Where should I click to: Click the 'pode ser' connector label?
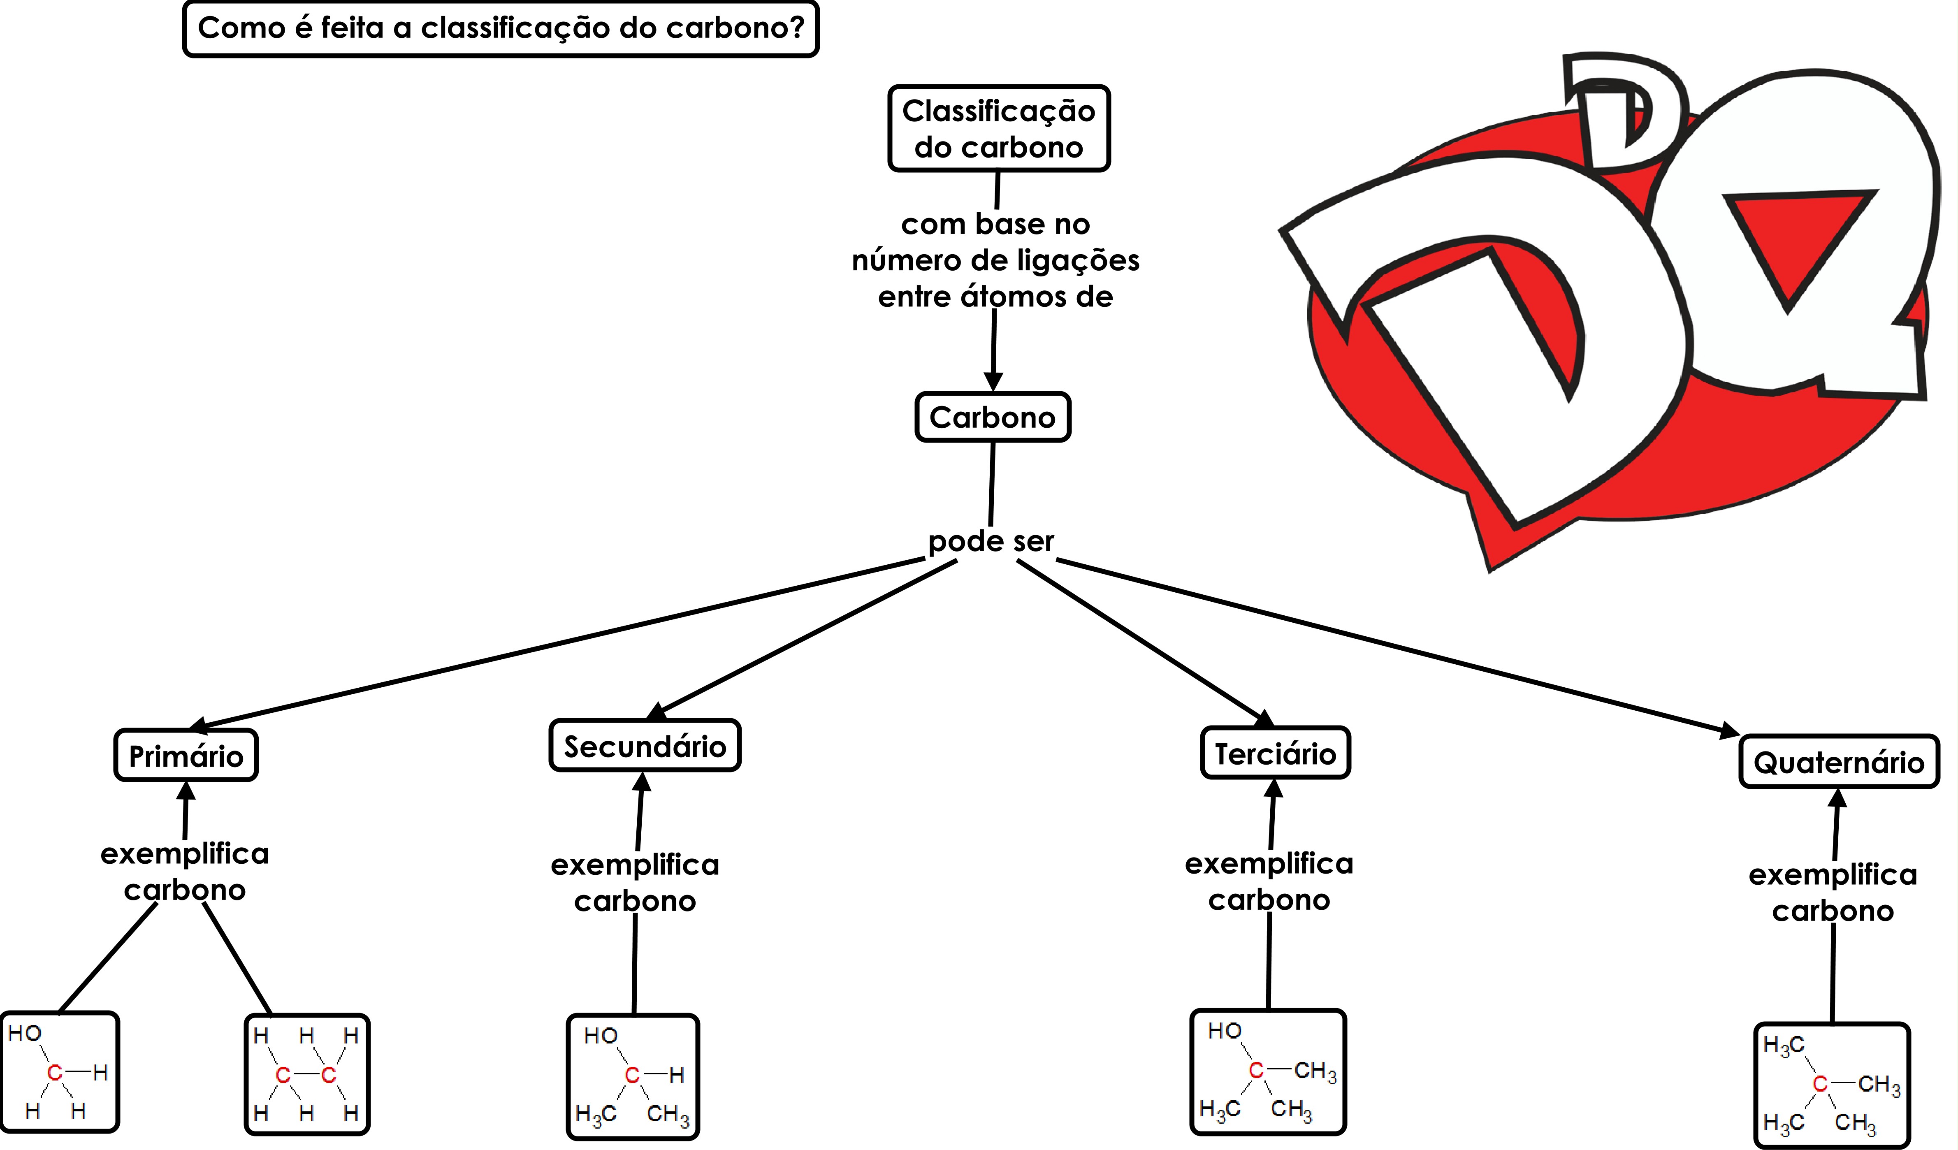(x=991, y=541)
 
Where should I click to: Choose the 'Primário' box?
(x=186, y=755)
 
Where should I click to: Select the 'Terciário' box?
(x=1275, y=753)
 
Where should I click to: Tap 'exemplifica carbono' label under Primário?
(x=185, y=871)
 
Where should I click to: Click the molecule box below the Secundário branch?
(x=633, y=1077)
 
